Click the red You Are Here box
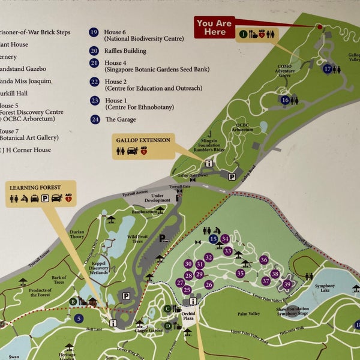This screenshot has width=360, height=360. click(x=214, y=27)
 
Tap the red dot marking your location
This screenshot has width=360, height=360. click(x=319, y=27)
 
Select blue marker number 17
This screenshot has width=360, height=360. click(x=327, y=69)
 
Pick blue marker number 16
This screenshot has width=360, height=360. click(x=285, y=100)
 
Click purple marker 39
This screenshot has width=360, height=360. click(x=287, y=284)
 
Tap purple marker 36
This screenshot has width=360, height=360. click(x=264, y=260)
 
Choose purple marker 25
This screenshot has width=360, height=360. click(x=187, y=290)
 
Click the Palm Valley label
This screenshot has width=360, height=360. click(x=248, y=313)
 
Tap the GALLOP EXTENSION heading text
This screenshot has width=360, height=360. click(x=142, y=140)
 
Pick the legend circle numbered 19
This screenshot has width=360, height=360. click(x=94, y=32)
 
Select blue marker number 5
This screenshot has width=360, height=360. click(x=79, y=319)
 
